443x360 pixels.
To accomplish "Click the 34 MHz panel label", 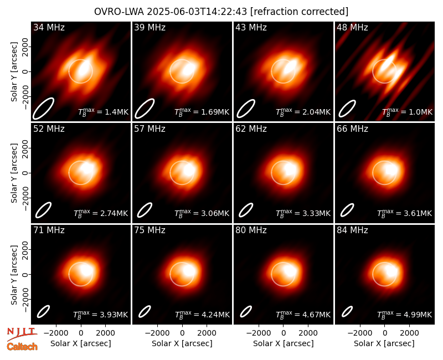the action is pos(49,27).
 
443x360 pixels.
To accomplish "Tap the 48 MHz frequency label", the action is pos(352,27).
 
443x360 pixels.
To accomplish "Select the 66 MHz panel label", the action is pos(352,129).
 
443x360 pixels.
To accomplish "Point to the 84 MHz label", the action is pos(352,230).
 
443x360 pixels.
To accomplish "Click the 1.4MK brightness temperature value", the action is pos(117,112).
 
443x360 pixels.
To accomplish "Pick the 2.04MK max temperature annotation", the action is pos(316,112).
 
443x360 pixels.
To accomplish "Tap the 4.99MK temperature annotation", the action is pos(418,315).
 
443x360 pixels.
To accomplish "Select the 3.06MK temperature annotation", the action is pos(215,213).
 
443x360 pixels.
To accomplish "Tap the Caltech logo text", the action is pos(22,347).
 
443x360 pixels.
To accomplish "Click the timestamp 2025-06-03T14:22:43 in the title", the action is pos(197,12).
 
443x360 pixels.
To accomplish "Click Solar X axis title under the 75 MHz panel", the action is pos(182,343).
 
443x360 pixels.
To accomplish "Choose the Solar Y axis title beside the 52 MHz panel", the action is pos(14,173).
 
